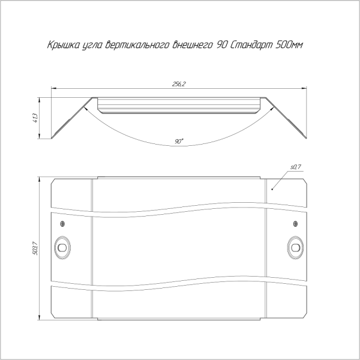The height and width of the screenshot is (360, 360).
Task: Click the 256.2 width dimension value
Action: (x=179, y=84)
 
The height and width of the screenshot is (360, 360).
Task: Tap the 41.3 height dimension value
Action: (x=35, y=118)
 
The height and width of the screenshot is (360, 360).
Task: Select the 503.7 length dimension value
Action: (x=35, y=248)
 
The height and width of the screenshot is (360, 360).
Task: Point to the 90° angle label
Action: (x=179, y=142)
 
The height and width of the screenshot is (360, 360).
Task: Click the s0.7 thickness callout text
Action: (x=296, y=167)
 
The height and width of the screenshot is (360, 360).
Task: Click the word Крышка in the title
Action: (x=63, y=45)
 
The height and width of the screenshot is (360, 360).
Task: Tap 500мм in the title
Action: (x=289, y=44)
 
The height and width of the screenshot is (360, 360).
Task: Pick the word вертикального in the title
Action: (x=137, y=45)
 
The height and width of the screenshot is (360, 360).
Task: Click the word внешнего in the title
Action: (x=193, y=45)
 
